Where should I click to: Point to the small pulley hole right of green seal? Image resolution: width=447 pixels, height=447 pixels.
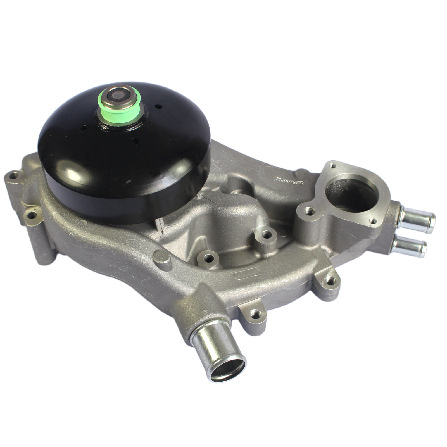[158, 106]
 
